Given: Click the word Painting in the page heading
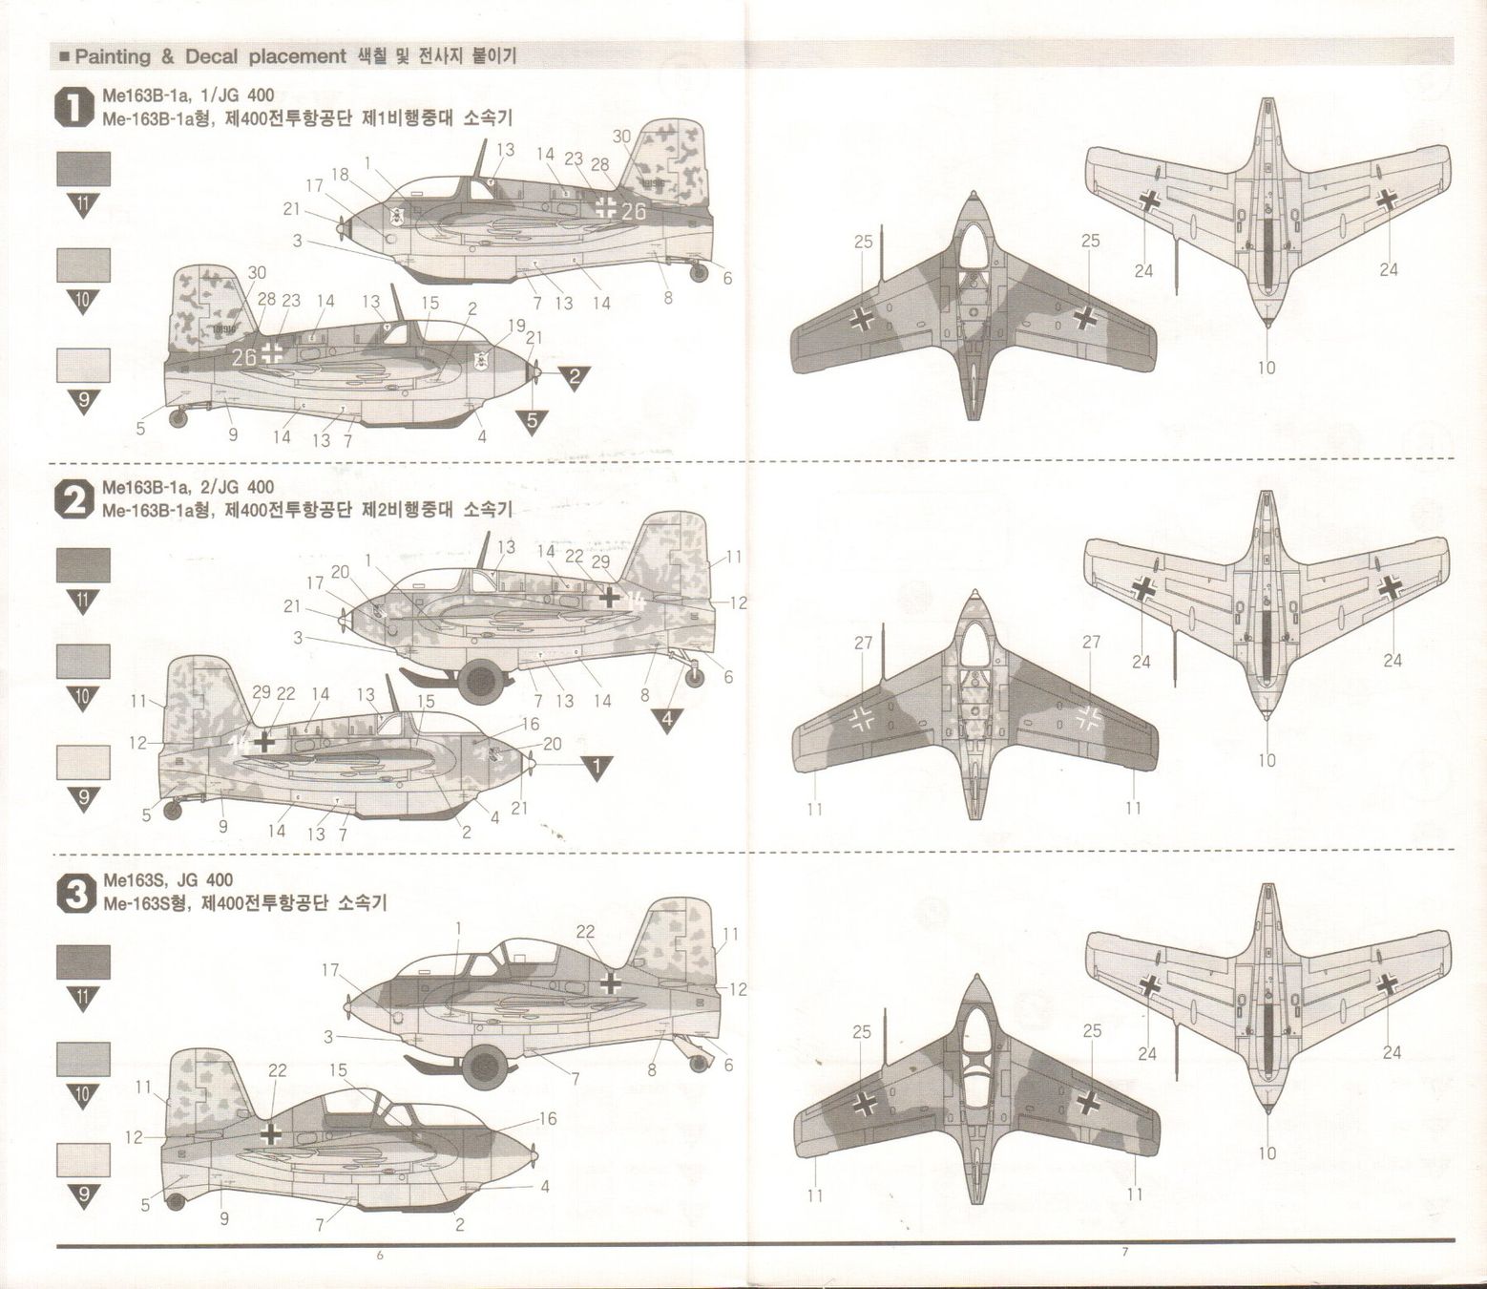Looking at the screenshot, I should click(113, 56).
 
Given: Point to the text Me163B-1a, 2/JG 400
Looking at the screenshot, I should click(187, 487).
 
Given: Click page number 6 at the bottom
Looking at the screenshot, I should click(379, 1255).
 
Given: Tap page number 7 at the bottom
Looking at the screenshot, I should click(1123, 1252).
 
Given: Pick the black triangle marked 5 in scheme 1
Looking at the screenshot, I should click(533, 419).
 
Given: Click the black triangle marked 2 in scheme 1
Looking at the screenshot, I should click(574, 375).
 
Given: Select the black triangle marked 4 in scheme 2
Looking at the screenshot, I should click(667, 718).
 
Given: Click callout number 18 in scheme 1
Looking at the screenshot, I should click(340, 174).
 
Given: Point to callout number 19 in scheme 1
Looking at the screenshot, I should click(516, 326).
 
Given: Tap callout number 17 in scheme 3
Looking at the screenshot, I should click(330, 970).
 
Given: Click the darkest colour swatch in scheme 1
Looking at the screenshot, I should click(83, 169).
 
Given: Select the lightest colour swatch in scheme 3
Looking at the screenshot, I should click(83, 1159).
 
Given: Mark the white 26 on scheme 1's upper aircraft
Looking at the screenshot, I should click(633, 211).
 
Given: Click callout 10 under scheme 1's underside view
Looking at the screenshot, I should click(1266, 368).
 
